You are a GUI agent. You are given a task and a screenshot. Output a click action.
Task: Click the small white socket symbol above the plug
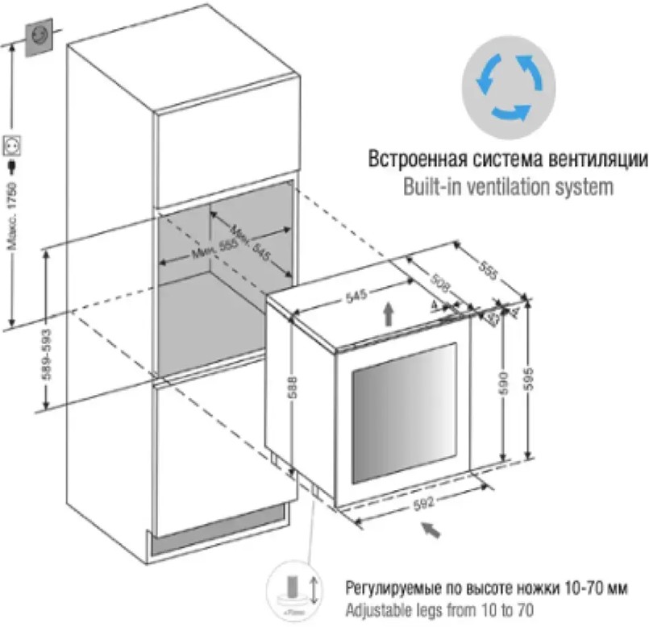click(x=12, y=146)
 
